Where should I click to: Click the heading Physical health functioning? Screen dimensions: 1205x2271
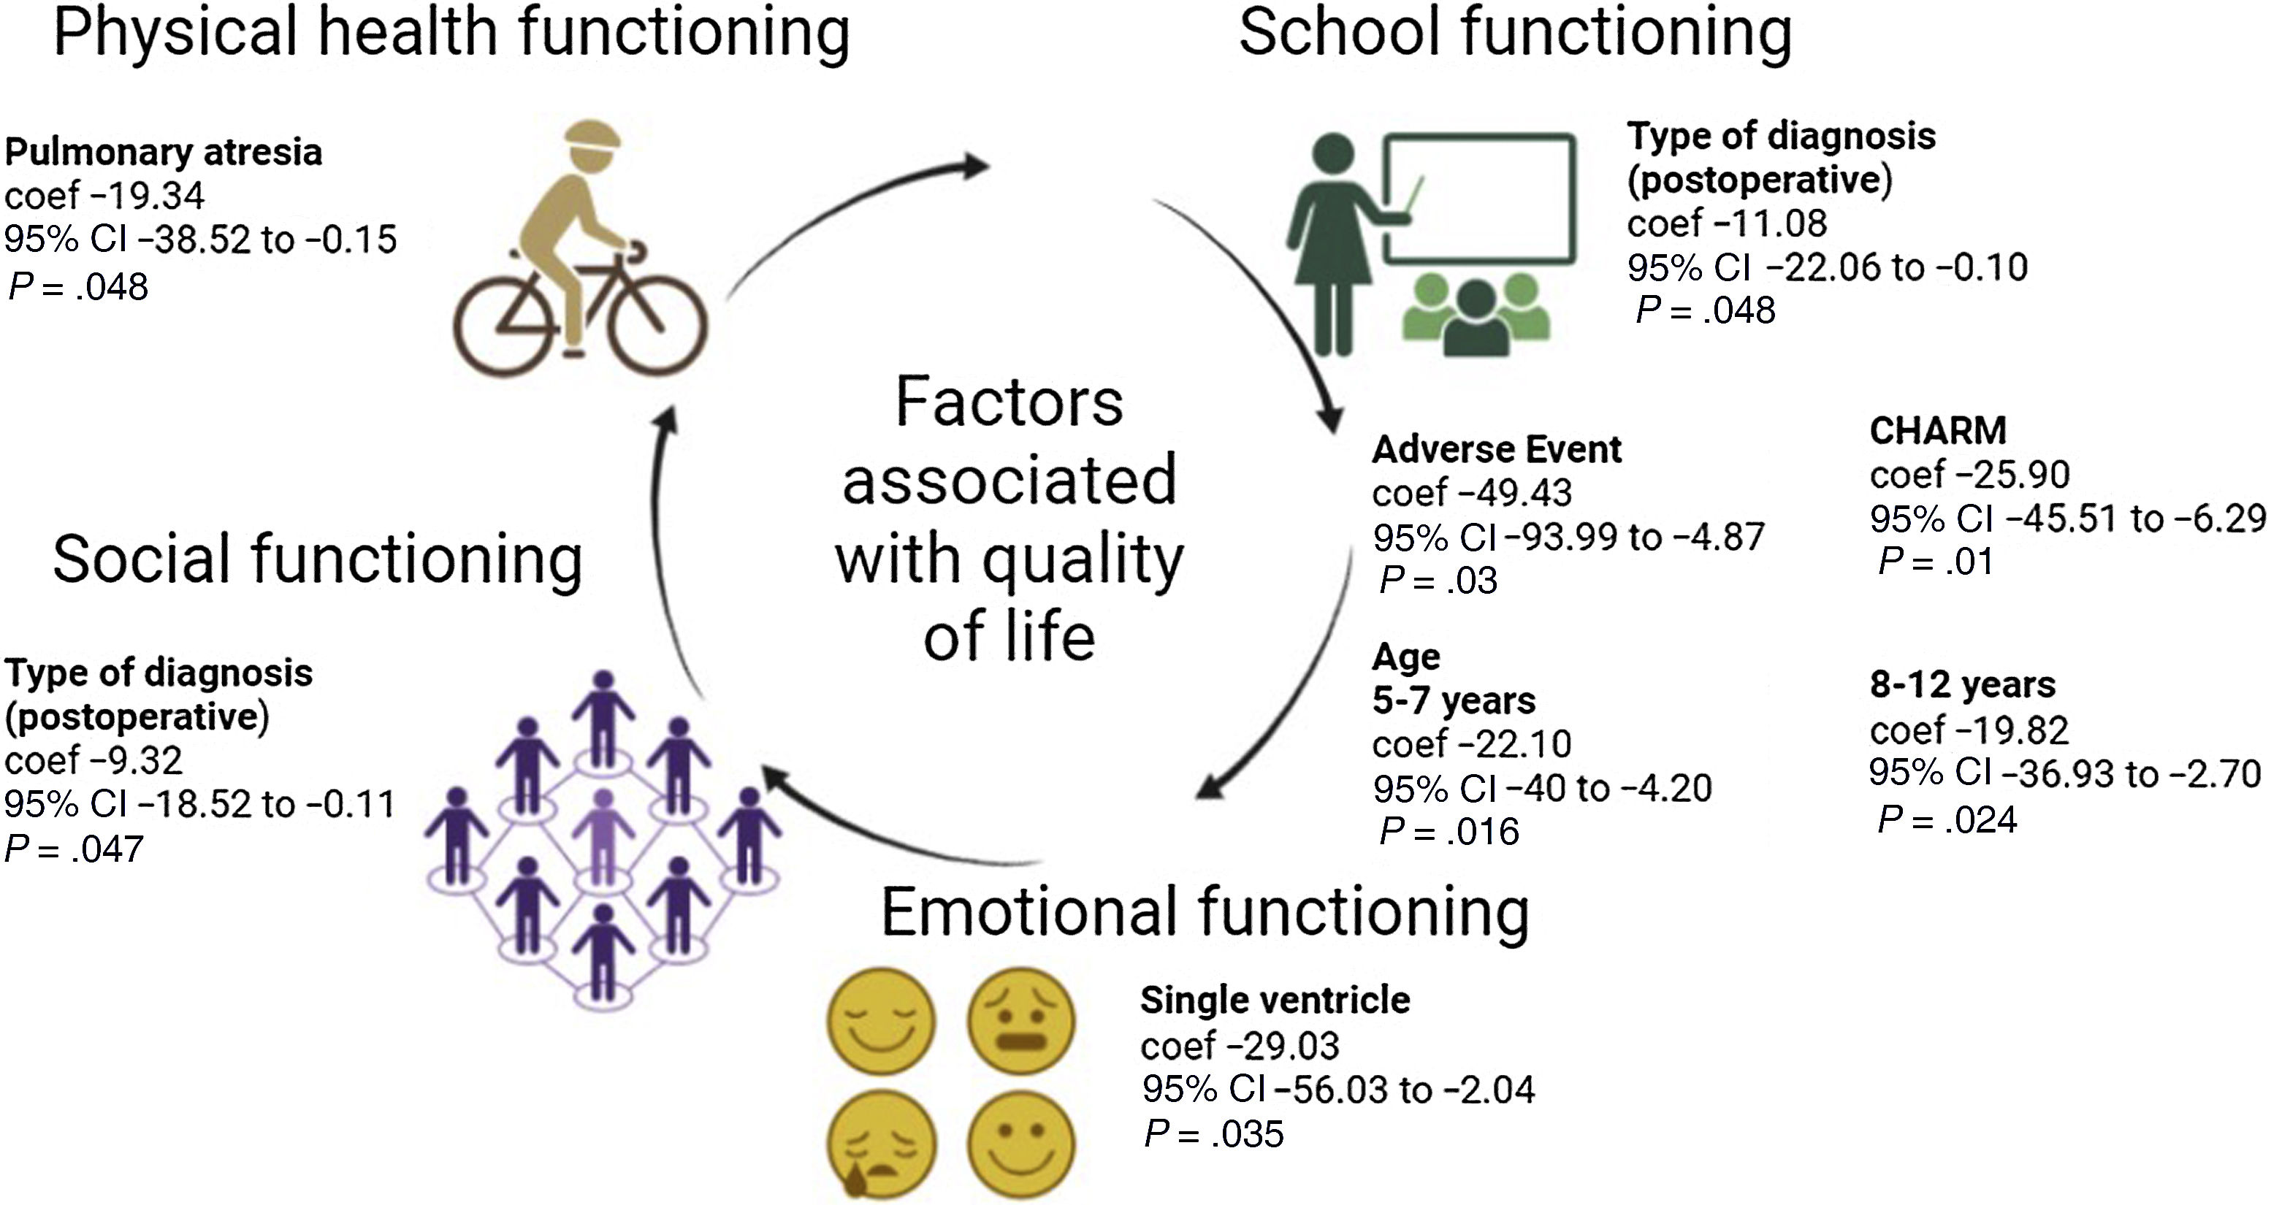(x=451, y=34)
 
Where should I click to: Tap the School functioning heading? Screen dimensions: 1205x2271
(x=1514, y=34)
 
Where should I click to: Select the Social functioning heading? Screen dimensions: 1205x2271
(x=317, y=559)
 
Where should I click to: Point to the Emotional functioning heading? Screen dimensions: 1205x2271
(x=1205, y=913)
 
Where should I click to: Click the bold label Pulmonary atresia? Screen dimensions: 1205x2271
(x=164, y=153)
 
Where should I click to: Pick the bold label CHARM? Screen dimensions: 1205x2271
(x=1938, y=431)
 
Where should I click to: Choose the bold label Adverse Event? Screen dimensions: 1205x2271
(x=1496, y=450)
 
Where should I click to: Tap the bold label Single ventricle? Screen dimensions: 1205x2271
(x=1275, y=1001)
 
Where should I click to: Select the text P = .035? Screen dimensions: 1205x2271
(x=1214, y=1133)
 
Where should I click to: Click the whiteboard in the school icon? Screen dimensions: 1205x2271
(x=1479, y=199)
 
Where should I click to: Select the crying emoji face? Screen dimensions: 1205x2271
(x=879, y=1144)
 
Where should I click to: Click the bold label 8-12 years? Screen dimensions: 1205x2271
(x=1963, y=685)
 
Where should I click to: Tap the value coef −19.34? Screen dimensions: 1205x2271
(x=104, y=196)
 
